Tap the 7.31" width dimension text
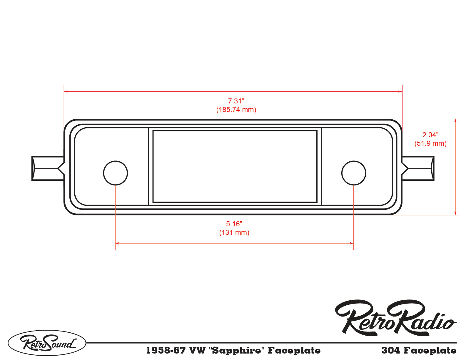coord(236,101)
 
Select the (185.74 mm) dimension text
coord(236,110)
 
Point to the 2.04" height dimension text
coord(430,135)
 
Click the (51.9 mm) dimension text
coord(430,143)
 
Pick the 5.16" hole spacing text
coord(234,224)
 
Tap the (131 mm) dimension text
coord(234,232)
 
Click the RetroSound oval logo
coord(47,343)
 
